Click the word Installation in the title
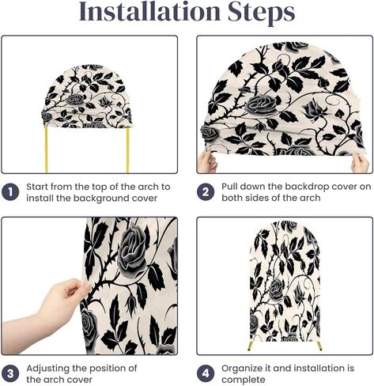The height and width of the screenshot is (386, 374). point(149,12)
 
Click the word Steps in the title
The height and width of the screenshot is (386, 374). point(262,13)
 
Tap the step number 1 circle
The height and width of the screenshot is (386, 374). point(10,192)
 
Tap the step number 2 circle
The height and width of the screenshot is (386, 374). point(206,192)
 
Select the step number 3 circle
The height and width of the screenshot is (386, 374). point(10,373)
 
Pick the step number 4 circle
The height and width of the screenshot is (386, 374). point(206,373)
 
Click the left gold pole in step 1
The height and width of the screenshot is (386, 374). point(47,149)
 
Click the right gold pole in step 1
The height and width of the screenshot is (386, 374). point(128,150)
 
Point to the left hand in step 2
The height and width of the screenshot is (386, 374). point(208,161)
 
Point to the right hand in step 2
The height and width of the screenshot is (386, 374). point(360,163)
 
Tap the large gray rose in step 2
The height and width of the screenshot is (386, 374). point(261,104)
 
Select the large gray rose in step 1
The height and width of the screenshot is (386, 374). point(76,99)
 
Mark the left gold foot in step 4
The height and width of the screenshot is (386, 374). point(250,346)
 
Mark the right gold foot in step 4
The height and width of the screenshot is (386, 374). point(319,346)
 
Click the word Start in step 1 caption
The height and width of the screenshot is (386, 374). point(37,187)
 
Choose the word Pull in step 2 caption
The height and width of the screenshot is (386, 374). point(229,187)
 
